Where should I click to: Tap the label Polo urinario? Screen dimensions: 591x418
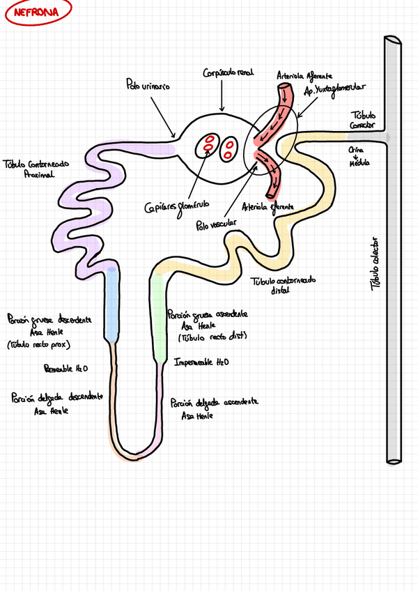[148, 86]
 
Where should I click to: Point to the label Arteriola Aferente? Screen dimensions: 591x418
[304, 75]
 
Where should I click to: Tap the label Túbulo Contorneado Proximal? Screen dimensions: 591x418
[36, 168]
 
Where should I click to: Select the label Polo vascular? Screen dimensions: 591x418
[216, 223]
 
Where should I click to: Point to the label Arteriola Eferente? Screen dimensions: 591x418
[268, 207]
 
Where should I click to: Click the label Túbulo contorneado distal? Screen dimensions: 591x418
[281, 283]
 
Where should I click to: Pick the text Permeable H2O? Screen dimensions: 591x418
[65, 367]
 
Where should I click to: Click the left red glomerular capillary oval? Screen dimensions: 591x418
[208, 146]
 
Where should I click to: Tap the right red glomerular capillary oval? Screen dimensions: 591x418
[229, 149]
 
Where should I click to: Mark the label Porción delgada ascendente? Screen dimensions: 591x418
[215, 408]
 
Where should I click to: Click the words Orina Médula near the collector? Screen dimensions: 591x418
[359, 156]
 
